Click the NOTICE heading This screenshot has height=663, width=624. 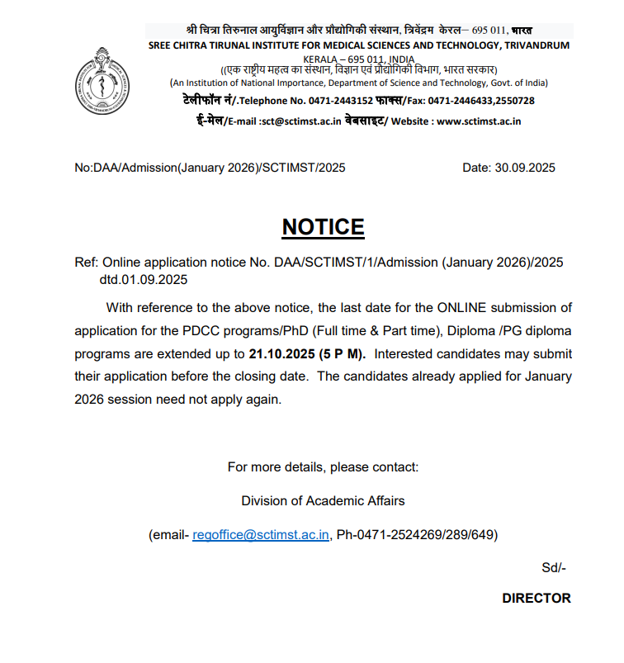pos(323,227)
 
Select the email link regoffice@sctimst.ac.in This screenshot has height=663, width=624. pos(261,535)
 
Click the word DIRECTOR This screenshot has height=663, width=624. pos(536,598)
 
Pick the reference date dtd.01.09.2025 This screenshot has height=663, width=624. pos(144,279)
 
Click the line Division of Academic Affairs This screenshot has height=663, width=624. pos(323,500)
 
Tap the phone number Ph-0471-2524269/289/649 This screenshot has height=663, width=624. pos(416,535)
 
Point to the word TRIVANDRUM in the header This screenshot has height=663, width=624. pos(528,45)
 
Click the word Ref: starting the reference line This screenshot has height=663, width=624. pos(87,263)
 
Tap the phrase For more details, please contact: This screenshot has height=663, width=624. pos(323,466)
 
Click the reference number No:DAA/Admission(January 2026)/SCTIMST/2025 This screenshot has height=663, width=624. pos(210,168)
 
